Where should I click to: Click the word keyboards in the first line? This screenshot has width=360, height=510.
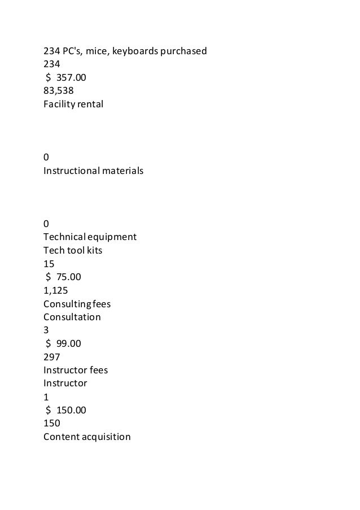tap(135, 51)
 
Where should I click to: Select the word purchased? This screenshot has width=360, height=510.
tap(185, 51)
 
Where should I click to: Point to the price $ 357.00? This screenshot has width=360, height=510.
tap(65, 77)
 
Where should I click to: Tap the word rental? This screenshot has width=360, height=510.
tap(90, 104)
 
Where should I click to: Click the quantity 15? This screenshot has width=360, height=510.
tap(49, 264)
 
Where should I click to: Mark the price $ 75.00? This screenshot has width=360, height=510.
tap(63, 277)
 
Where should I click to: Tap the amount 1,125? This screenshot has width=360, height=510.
tap(56, 290)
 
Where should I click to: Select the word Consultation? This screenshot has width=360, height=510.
tap(72, 317)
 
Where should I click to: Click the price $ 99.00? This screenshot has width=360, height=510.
tap(63, 343)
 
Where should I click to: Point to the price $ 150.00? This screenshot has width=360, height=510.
tap(65, 410)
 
